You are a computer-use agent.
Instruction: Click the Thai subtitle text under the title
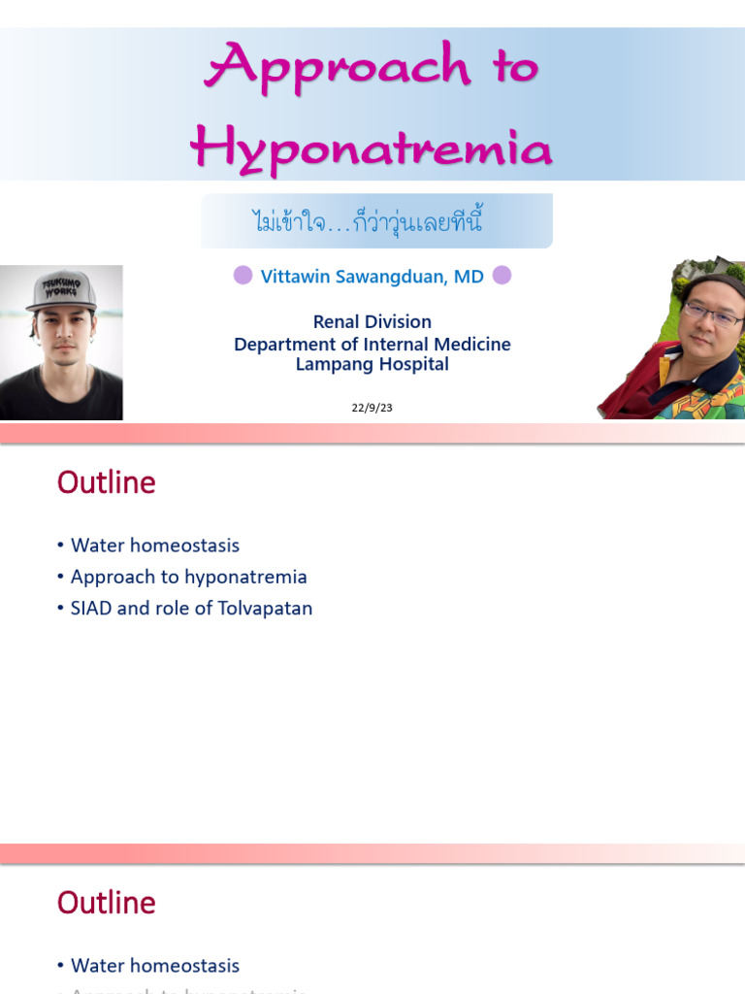[x=376, y=222]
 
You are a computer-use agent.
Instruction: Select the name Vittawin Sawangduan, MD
[x=372, y=277]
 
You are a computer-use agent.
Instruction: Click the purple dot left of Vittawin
[x=243, y=276]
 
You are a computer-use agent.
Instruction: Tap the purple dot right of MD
[x=502, y=276]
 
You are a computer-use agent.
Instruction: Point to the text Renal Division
[x=372, y=321]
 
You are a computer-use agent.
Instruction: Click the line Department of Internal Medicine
[x=372, y=344]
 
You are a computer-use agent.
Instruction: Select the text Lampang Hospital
[x=372, y=365]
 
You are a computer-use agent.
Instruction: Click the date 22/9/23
[x=372, y=409]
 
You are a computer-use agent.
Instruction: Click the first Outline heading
[x=106, y=482]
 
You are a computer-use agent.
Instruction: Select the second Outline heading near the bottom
[x=106, y=903]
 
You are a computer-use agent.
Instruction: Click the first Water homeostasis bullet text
[x=155, y=546]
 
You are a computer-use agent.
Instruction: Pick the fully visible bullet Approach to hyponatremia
[x=188, y=577]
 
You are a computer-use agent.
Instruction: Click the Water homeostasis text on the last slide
[x=155, y=966]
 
